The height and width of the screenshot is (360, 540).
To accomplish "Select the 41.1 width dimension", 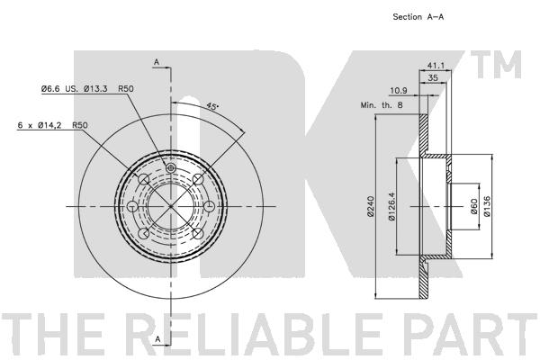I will (x=435, y=66).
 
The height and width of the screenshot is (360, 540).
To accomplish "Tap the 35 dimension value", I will (x=435, y=79).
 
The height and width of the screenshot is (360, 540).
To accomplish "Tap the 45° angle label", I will (x=213, y=106).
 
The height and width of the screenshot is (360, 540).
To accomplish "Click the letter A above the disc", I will (x=157, y=62).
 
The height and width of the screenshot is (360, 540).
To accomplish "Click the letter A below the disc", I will (x=157, y=338).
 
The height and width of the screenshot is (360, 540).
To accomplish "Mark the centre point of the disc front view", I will (x=171, y=206).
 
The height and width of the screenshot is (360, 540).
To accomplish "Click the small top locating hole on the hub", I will (x=171, y=167).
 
